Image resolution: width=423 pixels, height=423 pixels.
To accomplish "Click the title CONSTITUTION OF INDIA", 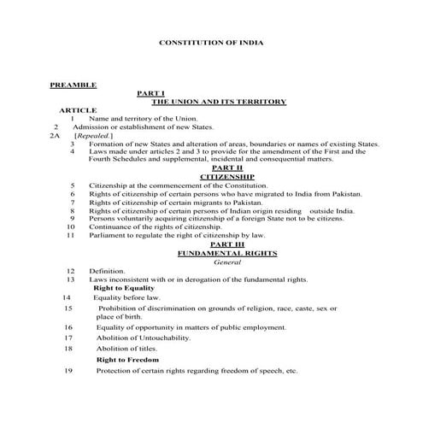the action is (x=211, y=42).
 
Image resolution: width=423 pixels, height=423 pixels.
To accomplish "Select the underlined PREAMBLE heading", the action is (x=73, y=85).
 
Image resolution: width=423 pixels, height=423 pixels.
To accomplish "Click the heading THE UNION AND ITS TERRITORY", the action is (x=218, y=102).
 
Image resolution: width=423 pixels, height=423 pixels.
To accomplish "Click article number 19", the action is (x=68, y=371).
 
